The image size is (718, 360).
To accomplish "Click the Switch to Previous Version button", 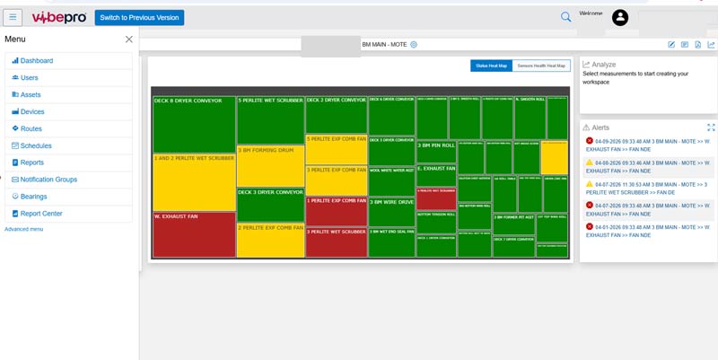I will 139,17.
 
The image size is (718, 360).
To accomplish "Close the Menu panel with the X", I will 128,40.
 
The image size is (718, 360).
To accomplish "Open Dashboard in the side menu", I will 36,61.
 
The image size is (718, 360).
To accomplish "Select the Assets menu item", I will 31,94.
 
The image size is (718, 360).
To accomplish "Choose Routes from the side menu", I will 31,128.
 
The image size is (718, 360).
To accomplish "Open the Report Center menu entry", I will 40,214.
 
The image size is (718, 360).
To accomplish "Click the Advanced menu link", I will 23,230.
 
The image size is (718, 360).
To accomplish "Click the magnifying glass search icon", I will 565,17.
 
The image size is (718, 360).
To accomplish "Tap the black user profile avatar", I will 620,17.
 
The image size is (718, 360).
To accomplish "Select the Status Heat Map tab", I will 492,66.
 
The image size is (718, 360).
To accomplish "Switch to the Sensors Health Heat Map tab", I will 541,66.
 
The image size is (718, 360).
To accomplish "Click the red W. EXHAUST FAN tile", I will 194,234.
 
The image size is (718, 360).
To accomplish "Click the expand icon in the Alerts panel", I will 711,127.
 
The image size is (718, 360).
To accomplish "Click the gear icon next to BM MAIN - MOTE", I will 414,44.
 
